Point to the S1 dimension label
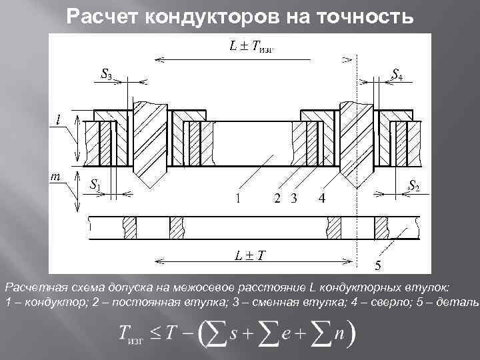pos(95,185)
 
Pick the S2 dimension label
pos(413,185)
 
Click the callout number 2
pos(277,198)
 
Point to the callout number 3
pos(293,198)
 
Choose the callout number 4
pos(322,198)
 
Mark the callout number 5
pos(377,267)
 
